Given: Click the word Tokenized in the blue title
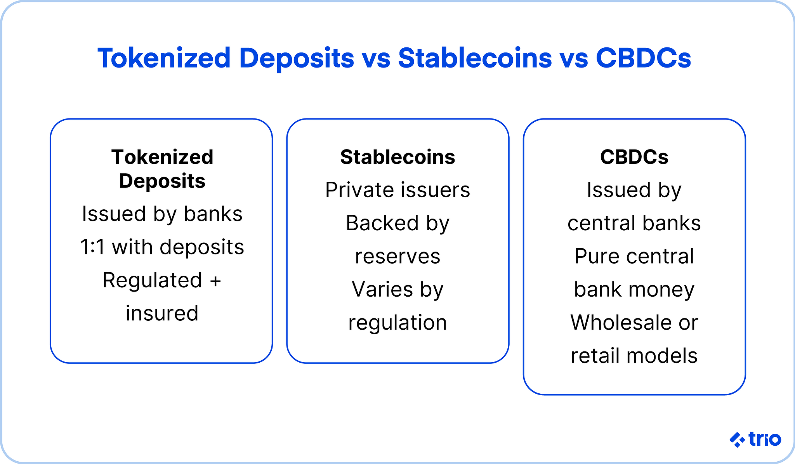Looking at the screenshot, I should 164,58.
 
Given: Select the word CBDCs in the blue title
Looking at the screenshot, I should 643,58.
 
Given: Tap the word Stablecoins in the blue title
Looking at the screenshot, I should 474,58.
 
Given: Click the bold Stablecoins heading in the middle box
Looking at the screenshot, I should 397,157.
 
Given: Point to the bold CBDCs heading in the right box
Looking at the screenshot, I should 634,157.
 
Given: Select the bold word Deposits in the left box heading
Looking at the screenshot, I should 162,181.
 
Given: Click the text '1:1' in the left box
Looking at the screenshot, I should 92,247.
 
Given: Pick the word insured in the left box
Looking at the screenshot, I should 162,313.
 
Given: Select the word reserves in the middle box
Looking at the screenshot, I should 397,257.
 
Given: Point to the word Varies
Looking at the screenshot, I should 377,290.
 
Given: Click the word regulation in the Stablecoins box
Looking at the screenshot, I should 397,323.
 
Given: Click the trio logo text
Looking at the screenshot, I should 764,439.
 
